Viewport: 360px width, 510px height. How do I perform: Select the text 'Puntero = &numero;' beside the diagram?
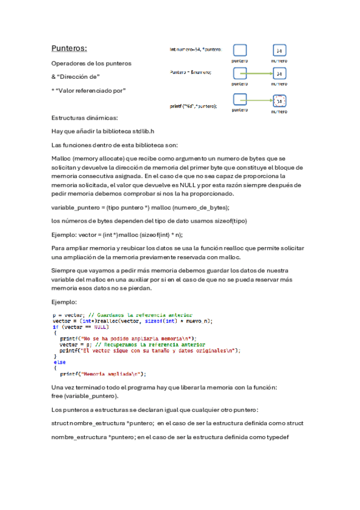coord(191,73)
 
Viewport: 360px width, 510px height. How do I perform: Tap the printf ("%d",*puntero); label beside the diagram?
coord(193,106)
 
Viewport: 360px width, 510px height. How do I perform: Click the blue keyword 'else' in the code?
coord(59,362)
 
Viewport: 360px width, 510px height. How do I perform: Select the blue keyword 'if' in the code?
coord(55,327)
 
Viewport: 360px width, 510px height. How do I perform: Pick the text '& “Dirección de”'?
coord(76,77)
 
